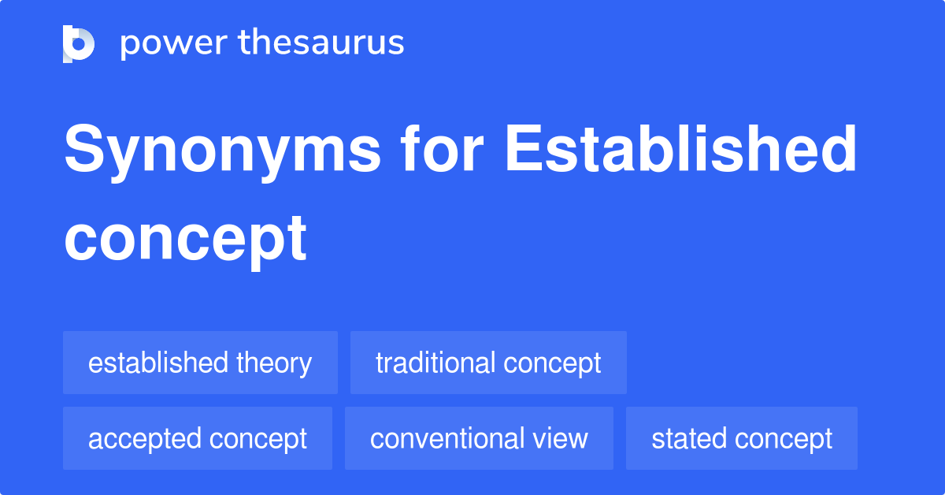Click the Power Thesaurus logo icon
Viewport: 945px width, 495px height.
pos(79,43)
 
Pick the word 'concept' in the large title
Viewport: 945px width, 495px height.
pos(186,237)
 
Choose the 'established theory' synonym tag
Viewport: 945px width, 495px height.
pos(200,363)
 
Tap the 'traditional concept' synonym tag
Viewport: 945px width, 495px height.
pos(488,363)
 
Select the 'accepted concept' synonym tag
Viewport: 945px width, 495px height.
pos(198,439)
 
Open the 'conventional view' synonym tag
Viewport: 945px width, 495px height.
pos(479,439)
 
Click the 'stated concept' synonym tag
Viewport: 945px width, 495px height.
pos(742,439)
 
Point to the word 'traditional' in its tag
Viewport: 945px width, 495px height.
pos(435,363)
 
